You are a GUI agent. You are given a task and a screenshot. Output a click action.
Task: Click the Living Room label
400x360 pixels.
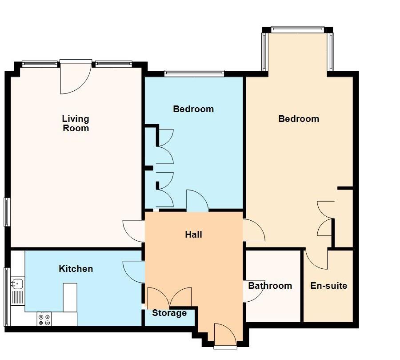click(76, 124)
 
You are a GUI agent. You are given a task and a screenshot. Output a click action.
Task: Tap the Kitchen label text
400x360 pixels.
click(76, 269)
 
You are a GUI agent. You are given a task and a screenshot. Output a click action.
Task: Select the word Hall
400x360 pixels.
click(194, 234)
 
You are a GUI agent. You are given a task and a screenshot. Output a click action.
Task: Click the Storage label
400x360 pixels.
click(169, 313)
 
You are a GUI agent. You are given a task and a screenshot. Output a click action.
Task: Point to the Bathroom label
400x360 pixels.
click(270, 286)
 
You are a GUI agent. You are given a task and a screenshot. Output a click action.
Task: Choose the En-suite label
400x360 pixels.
click(329, 286)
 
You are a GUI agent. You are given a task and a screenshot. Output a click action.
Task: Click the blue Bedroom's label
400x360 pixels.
click(193, 109)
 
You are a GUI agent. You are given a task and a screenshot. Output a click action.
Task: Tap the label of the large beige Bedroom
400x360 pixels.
click(299, 119)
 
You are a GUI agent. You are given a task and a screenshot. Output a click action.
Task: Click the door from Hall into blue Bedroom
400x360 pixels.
click(197, 201)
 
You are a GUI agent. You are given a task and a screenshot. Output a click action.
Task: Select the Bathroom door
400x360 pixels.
click(253, 291)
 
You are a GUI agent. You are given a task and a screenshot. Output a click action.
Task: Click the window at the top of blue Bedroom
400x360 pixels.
click(194, 73)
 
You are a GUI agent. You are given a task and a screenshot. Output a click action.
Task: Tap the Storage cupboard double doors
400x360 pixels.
click(169, 297)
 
